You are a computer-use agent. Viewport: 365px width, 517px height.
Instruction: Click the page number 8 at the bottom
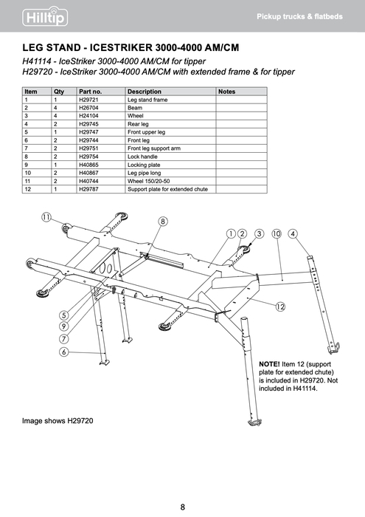tap(182, 507)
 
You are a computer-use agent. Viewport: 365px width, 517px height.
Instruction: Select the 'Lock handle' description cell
tap(142, 156)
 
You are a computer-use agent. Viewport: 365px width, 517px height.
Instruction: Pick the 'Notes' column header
tap(226, 91)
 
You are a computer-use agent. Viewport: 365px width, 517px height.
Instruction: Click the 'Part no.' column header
tap(90, 91)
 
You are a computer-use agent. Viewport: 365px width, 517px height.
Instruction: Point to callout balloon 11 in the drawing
tap(46, 218)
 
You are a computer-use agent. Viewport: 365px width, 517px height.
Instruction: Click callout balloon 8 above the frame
tap(163, 221)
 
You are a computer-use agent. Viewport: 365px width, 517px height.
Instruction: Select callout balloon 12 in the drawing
tap(281, 306)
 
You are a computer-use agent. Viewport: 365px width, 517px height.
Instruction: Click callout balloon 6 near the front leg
tap(65, 352)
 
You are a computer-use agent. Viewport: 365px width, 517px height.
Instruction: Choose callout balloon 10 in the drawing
tap(277, 233)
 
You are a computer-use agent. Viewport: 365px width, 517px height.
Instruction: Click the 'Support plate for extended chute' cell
tap(167, 189)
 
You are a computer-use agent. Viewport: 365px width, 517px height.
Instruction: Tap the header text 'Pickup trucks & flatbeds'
tap(299, 16)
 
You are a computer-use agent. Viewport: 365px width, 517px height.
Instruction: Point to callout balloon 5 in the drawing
tap(64, 315)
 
